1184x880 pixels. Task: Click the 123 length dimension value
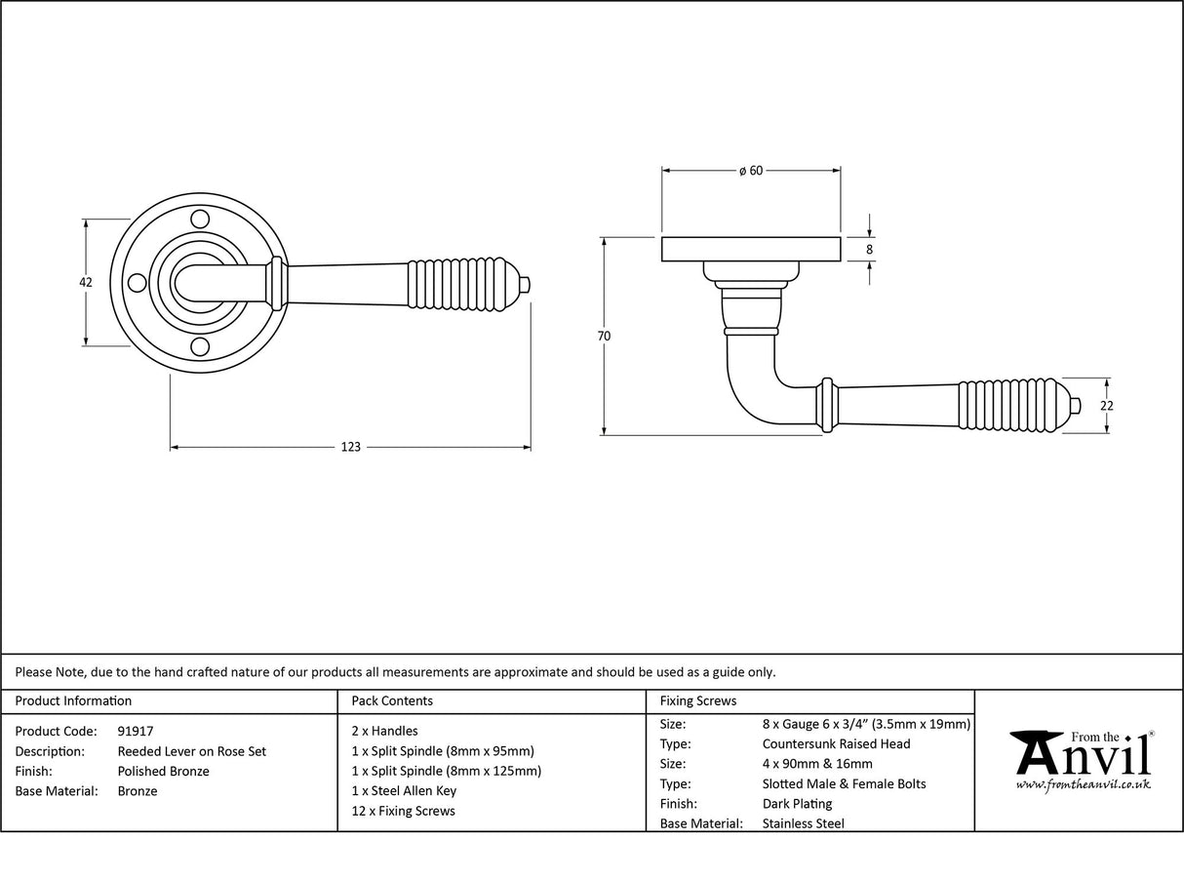(350, 448)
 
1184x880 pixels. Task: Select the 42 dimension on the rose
(86, 282)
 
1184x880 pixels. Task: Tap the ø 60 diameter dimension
(751, 171)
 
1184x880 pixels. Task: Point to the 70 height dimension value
(604, 336)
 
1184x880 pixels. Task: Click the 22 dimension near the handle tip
(1107, 406)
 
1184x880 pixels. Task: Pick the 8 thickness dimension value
(869, 250)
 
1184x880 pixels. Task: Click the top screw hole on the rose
(200, 219)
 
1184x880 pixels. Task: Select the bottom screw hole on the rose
(200, 346)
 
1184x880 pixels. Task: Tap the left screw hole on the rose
(137, 283)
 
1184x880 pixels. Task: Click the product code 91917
(135, 731)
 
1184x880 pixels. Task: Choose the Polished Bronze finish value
(163, 771)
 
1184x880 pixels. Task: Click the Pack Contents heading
(391, 700)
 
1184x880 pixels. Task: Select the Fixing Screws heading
(698, 700)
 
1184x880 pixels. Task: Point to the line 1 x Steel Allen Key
(404, 791)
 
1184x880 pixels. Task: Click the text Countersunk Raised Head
(836, 743)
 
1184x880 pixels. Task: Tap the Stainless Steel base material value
(803, 823)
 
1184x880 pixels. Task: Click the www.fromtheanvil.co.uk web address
(1083, 784)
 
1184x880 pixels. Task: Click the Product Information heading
(73, 700)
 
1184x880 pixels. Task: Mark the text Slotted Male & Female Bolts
(844, 783)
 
